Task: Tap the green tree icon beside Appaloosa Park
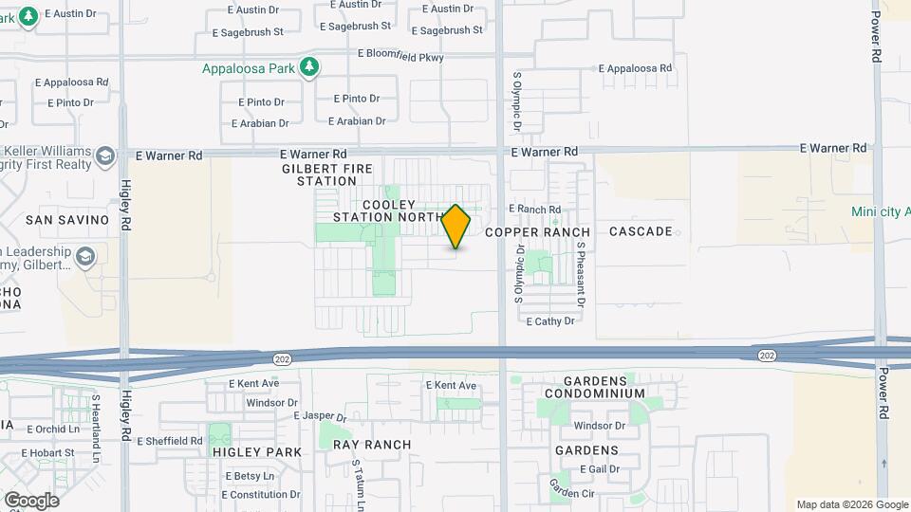click(x=308, y=67)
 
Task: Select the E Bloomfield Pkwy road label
click(x=400, y=56)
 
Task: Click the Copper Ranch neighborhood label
click(x=537, y=232)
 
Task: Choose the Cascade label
click(x=641, y=231)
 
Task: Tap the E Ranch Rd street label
click(x=535, y=210)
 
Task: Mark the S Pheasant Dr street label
click(x=580, y=274)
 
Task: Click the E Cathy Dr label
click(x=550, y=321)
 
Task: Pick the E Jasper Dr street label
click(x=321, y=416)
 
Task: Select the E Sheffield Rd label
click(x=170, y=441)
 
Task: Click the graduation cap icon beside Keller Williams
click(x=105, y=156)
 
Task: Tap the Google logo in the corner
click(x=30, y=501)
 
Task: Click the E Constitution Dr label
click(x=260, y=495)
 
